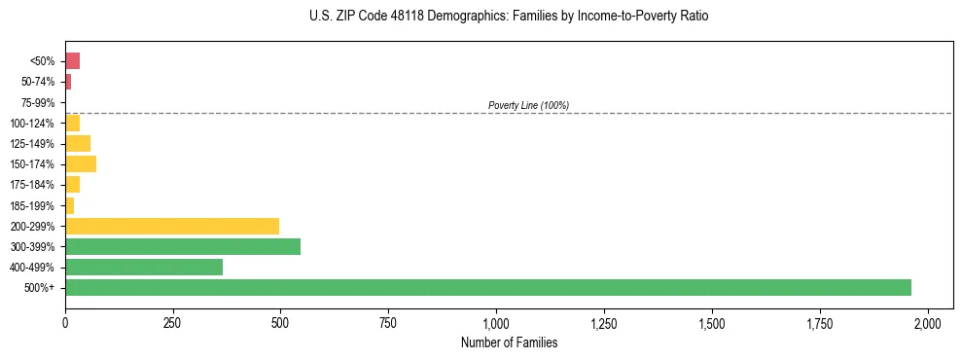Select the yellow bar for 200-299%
point(172,226)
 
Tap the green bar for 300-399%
point(183,246)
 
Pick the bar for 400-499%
point(144,267)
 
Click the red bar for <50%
point(73,61)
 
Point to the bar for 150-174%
point(81,163)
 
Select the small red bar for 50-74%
point(68,82)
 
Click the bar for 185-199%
point(70,205)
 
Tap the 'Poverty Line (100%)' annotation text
point(528,105)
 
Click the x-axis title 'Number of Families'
point(509,342)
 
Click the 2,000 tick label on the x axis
point(928,322)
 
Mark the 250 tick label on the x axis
point(173,322)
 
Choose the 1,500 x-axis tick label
point(712,322)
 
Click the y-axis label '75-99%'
point(39,102)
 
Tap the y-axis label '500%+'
point(41,288)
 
